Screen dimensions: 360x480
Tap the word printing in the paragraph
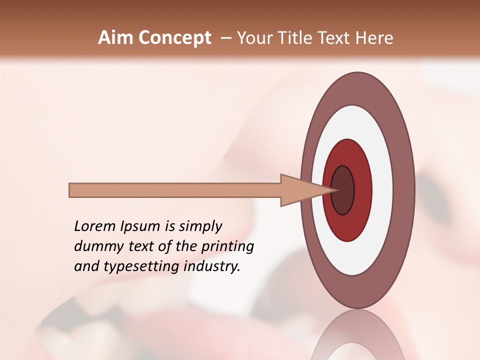(227, 247)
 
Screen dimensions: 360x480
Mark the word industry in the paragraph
(211, 266)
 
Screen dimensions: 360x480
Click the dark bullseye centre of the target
(342, 190)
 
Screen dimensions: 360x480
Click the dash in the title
(225, 38)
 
